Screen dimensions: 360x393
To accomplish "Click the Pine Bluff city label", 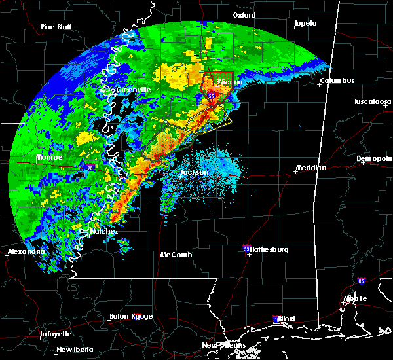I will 56,27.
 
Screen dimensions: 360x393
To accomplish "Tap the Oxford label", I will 244,15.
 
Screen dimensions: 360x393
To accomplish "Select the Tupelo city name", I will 305,23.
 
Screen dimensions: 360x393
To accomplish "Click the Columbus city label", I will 337,81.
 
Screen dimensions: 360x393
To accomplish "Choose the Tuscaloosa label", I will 372,102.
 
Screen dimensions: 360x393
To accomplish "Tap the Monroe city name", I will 48,158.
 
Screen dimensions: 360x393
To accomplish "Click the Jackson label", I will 194,173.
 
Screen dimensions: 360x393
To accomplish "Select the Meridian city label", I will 310,168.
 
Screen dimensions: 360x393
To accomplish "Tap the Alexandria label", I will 26,252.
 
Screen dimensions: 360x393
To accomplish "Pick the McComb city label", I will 176,255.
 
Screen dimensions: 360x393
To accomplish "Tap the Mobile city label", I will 357,298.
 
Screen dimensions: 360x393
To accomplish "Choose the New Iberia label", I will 73,350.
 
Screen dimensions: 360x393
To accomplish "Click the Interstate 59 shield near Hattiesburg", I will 246,249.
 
